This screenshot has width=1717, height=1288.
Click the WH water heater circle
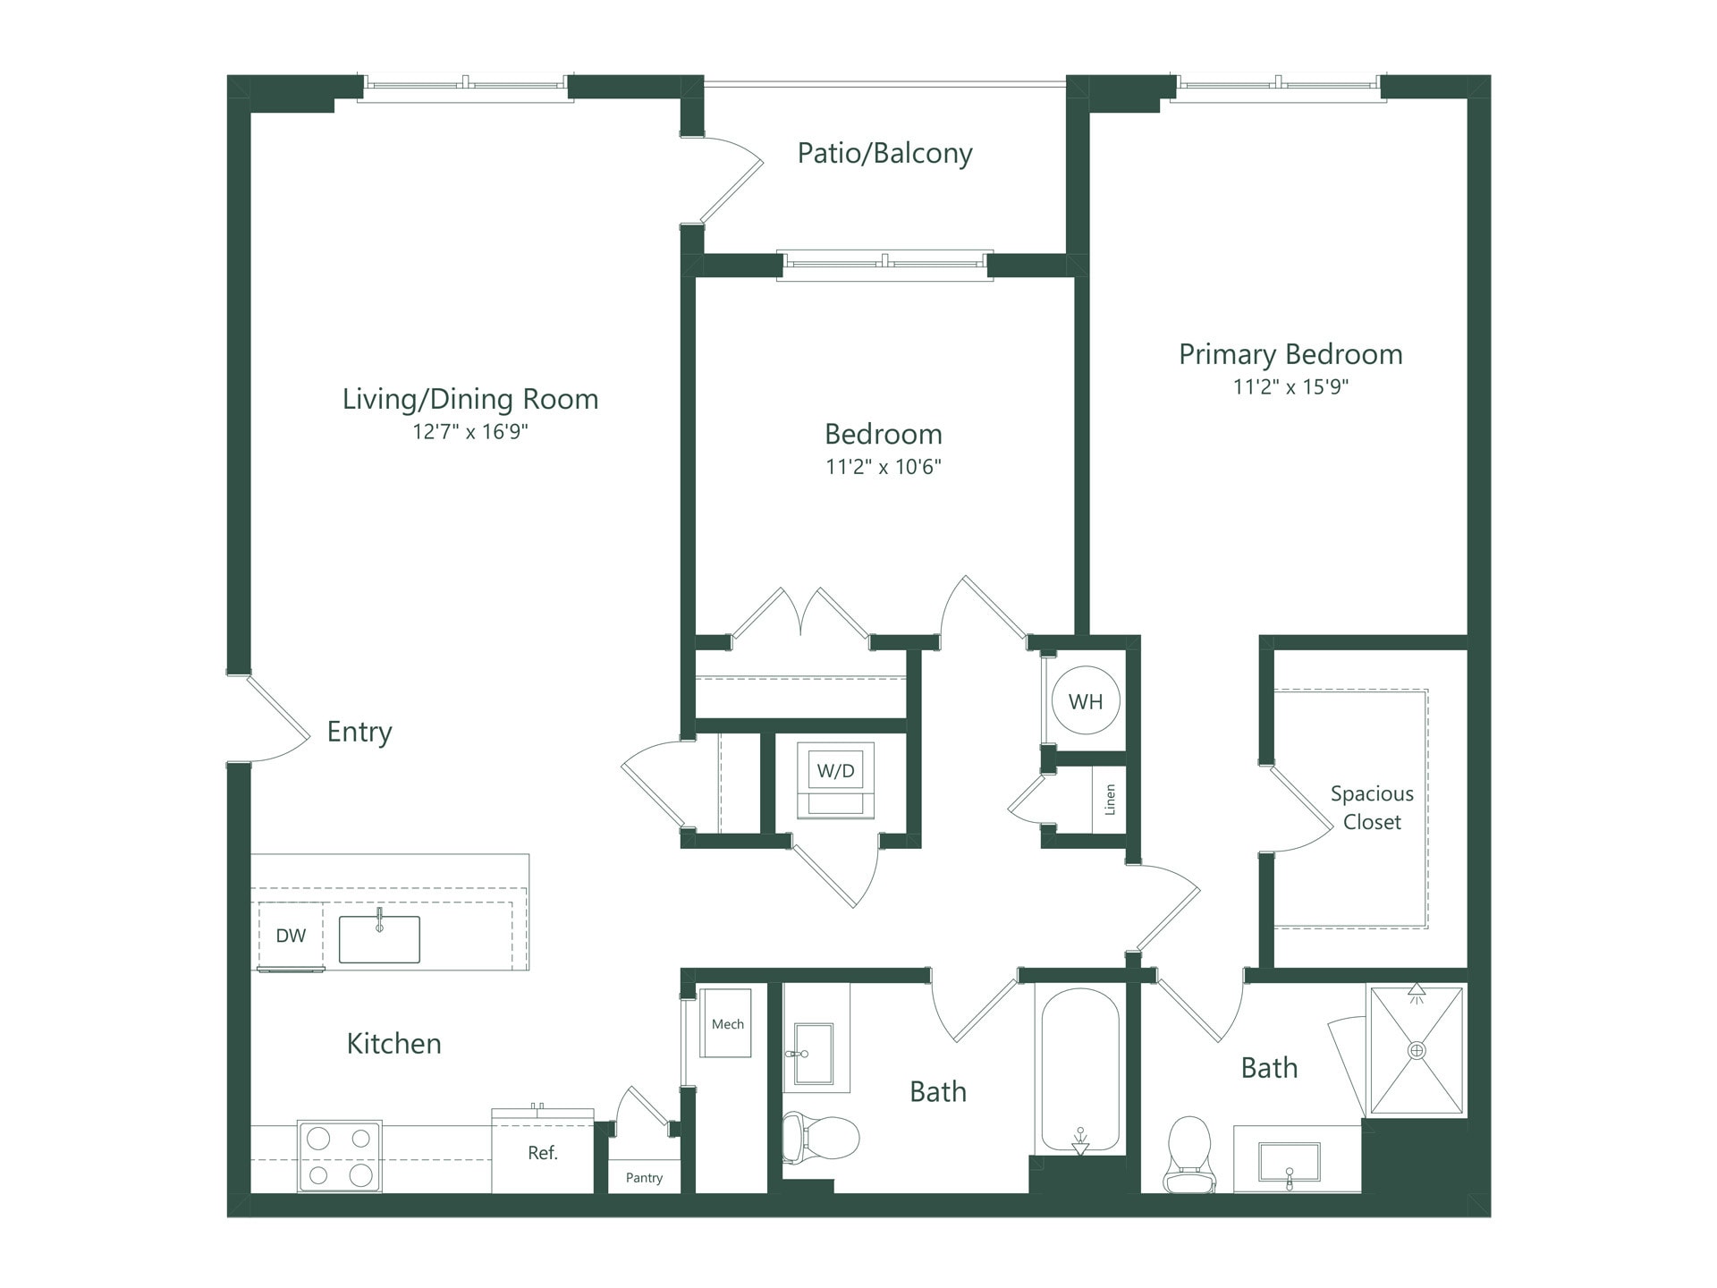point(1086,701)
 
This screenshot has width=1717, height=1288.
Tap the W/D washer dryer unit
point(836,771)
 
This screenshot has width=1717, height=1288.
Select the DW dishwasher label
point(291,936)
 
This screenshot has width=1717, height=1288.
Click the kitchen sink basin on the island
point(379,939)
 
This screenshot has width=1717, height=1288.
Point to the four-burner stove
point(340,1157)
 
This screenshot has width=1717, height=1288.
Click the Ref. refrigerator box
point(543,1153)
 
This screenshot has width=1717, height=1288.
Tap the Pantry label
point(644,1178)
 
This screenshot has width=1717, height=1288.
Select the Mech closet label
point(727,1024)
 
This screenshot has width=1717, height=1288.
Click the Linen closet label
point(1110,800)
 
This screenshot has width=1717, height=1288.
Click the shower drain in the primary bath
point(1417,1050)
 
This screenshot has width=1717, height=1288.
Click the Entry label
point(359,732)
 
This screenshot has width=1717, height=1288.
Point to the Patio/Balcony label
point(884,153)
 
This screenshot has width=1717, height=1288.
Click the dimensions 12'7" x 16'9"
point(470,432)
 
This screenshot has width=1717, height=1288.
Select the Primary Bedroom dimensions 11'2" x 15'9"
point(1290,386)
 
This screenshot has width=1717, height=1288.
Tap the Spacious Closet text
point(1372,808)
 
